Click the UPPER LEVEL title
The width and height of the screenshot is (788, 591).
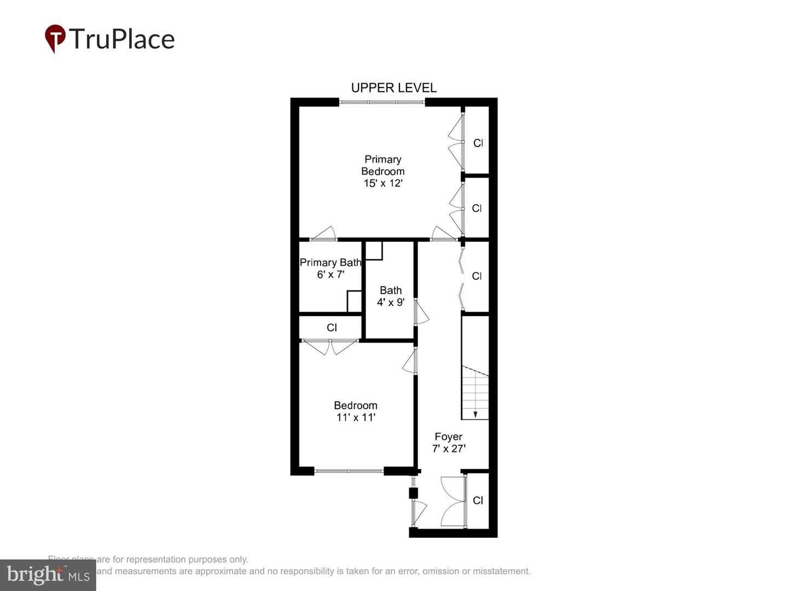pos(393,88)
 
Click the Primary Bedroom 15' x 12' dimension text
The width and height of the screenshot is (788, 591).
pos(383,183)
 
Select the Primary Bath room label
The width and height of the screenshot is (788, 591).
pos(331,263)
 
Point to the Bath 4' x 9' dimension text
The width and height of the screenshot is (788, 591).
pos(391,302)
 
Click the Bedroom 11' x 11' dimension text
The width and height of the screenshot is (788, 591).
pos(356,418)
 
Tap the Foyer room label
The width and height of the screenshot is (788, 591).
pos(448,437)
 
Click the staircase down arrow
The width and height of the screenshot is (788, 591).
pos(475,414)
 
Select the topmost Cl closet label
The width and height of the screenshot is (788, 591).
pos(478,143)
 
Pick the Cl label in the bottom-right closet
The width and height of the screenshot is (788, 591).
pos(478,500)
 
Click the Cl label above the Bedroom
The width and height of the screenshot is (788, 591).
pos(332,328)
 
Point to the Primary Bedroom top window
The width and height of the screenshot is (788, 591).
pos(382,102)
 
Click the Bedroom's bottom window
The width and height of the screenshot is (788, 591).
pos(349,470)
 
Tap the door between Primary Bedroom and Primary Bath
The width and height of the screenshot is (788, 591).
pos(324,234)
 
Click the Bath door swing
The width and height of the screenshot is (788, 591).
pos(421,312)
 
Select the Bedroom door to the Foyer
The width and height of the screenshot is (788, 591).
pos(409,362)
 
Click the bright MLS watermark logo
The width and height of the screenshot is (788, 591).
pos(48,575)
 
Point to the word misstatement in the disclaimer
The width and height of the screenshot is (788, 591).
pos(502,571)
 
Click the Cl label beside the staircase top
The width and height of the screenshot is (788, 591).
pos(477,276)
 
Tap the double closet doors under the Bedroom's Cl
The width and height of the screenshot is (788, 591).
pos(330,346)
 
